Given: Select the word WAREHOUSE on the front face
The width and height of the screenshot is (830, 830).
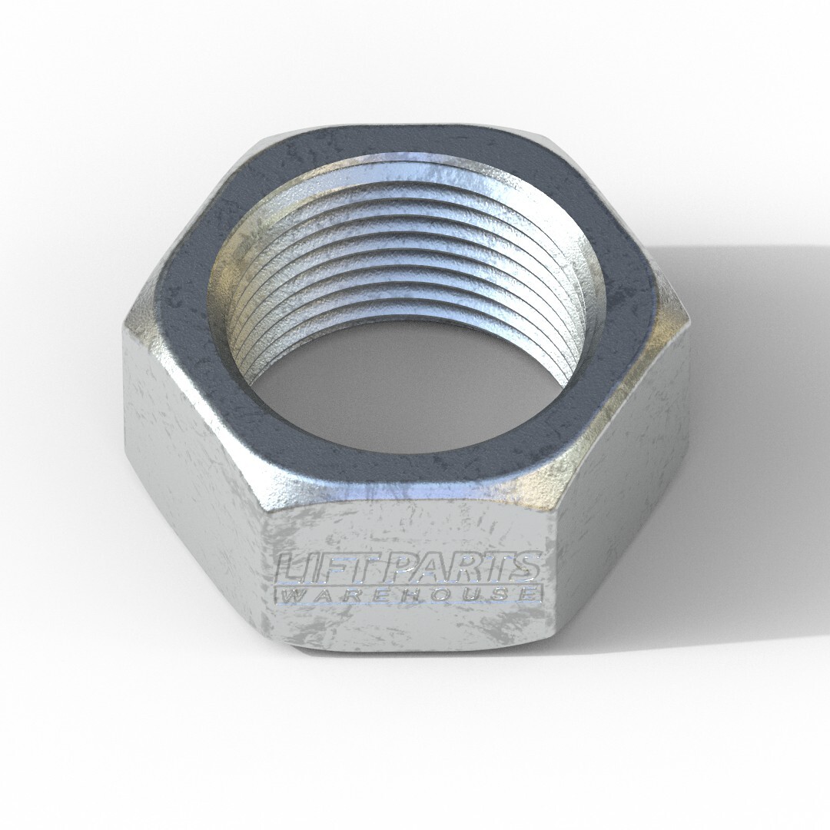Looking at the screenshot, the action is pyautogui.click(x=409, y=594).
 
